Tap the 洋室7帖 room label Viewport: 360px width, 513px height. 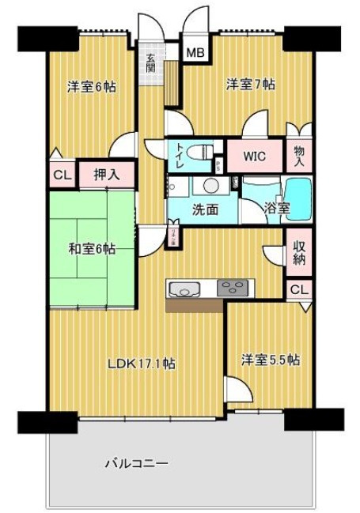pyautogui.click(x=250, y=84)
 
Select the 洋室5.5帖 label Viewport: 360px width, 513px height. pyautogui.click(x=270, y=360)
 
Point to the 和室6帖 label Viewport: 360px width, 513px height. pyautogui.click(x=89, y=250)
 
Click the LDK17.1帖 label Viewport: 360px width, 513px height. pyautogui.click(x=141, y=364)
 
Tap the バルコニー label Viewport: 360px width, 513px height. pyautogui.click(x=136, y=464)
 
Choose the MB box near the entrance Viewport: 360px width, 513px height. pyautogui.click(x=195, y=54)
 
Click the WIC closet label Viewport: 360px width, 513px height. pyautogui.click(x=253, y=155)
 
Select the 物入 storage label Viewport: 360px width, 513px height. pyautogui.click(x=299, y=155)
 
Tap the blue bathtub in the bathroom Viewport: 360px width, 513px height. pyautogui.click(x=297, y=192)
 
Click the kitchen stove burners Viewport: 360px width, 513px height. pyautogui.click(x=233, y=288)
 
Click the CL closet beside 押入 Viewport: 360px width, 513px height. pyautogui.click(x=60, y=175)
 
